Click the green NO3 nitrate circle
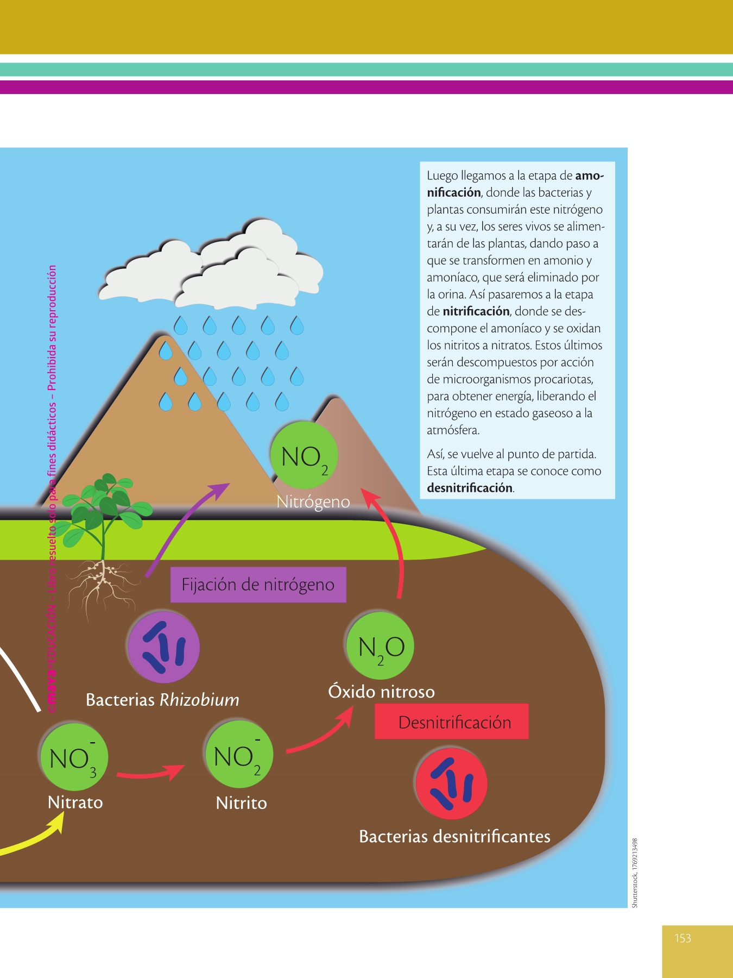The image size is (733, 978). (x=74, y=757)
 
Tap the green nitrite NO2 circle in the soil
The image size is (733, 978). (x=239, y=755)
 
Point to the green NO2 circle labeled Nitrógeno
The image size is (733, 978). (x=304, y=455)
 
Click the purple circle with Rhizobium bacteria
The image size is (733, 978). (x=163, y=647)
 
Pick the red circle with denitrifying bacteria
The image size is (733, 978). (x=451, y=783)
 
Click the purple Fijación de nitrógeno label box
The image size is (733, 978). (x=258, y=585)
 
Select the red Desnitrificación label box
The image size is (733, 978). (x=451, y=722)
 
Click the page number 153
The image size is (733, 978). (x=683, y=938)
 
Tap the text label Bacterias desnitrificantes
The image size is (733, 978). (x=454, y=836)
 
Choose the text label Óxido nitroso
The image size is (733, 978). (x=381, y=692)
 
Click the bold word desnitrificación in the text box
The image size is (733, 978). (x=470, y=488)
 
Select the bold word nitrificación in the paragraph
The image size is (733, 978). (x=476, y=311)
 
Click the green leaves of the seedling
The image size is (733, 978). (x=106, y=505)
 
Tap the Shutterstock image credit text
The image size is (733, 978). (x=635, y=872)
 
